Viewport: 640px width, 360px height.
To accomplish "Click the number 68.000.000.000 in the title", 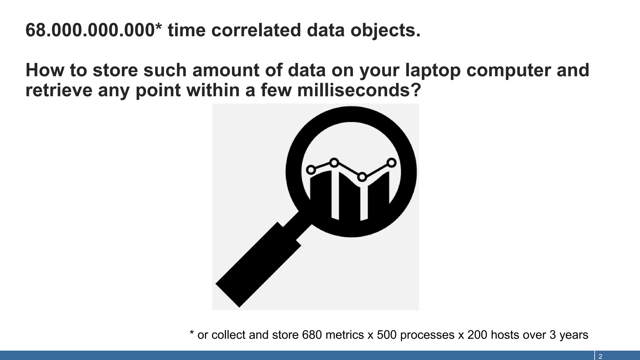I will coord(89,30).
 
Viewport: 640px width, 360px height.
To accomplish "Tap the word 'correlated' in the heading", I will coord(256,30).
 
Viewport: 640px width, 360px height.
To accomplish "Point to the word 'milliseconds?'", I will coord(359,90).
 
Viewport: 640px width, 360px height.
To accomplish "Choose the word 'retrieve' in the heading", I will coord(59,90).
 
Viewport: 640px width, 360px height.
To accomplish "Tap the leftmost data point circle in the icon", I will coord(311,170).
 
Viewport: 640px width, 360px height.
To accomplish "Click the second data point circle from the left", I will coord(334,162).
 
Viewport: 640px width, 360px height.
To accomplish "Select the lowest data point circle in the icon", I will coord(362,177).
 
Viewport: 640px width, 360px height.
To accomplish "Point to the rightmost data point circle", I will coord(392,162).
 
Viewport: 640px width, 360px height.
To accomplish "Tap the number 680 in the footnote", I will coord(312,335).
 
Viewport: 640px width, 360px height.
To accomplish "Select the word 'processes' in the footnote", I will coord(427,335).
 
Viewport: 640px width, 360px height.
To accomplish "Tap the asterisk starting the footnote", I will coord(192,333).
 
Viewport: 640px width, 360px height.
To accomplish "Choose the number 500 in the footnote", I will coord(387,335).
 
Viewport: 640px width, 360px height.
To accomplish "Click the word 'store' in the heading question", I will coord(115,70).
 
